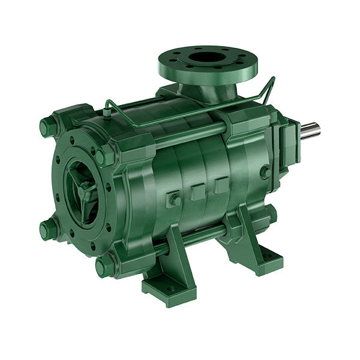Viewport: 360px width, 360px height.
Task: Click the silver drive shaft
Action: [x=310, y=130]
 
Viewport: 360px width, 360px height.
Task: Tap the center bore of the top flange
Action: [x=206, y=58]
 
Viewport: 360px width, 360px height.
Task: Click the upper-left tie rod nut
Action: [x=48, y=127]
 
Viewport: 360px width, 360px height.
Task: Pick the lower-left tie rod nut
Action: [x=48, y=229]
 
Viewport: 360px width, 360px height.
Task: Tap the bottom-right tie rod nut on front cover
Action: [x=104, y=264]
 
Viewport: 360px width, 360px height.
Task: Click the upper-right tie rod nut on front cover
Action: [x=105, y=155]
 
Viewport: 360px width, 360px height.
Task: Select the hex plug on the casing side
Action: [x=174, y=199]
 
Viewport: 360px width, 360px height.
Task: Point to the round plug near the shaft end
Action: [x=265, y=172]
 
